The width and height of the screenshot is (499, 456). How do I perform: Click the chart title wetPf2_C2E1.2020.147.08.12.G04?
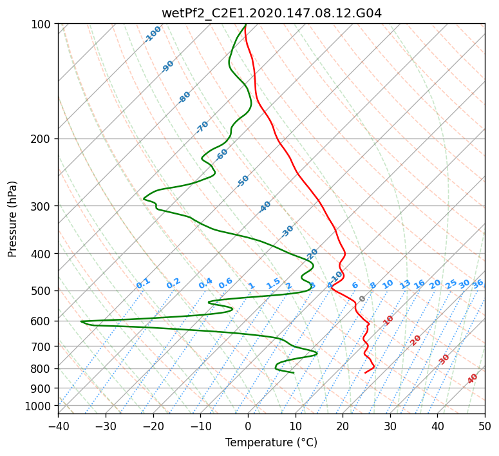271,13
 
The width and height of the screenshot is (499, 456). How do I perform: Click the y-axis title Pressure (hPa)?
13,218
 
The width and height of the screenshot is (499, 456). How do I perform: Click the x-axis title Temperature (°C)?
271,442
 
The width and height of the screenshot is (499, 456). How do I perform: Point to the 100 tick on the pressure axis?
43,24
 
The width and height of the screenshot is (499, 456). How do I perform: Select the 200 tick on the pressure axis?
43,139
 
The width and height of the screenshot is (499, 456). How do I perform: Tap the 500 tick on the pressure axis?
43,291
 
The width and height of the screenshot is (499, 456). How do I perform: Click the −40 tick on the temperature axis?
58,426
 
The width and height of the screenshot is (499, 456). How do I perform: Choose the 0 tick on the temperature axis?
248,426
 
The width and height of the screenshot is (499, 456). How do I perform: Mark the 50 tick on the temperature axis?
485,426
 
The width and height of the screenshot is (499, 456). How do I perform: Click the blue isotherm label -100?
153,34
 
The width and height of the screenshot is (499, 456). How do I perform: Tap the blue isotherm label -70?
202,127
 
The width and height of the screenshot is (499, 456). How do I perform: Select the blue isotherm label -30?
287,231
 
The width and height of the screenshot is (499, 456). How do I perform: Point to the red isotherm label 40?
473,379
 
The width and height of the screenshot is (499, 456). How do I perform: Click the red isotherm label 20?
415,339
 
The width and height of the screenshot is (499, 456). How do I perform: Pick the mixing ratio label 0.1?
143,283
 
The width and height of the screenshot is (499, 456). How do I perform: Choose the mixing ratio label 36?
478,283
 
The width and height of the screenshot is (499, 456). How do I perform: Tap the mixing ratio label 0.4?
205,283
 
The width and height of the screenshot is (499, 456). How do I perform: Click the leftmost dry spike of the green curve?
81,321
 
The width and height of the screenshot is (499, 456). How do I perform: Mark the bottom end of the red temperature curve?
365,372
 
